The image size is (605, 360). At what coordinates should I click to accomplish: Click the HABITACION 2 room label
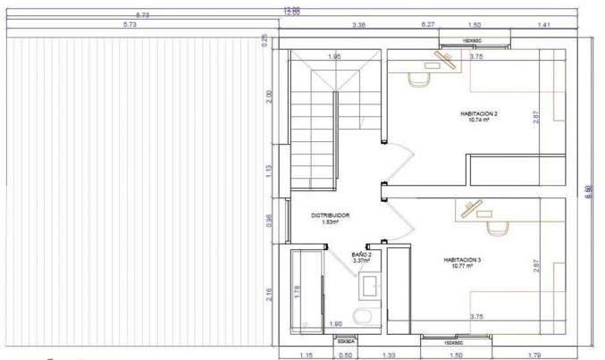pos(479,113)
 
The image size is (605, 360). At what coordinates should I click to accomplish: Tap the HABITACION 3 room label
pos(462,259)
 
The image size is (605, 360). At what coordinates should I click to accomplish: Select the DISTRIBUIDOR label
pos(330,215)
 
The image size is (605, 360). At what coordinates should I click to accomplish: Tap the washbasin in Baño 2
pos(370,286)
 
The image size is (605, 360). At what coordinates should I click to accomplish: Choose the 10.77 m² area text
pos(462,265)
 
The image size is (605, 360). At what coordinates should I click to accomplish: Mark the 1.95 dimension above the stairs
pos(334,57)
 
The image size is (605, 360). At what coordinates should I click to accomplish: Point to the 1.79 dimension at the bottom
pos(535,355)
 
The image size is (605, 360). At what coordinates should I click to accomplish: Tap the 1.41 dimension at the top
pos(543,26)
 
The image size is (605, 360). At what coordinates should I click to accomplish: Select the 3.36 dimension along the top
pos(360,26)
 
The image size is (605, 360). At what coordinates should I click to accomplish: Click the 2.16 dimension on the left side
pos(270,294)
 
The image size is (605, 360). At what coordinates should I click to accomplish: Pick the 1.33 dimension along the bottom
pos(390,355)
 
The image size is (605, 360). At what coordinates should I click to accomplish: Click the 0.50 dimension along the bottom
pos(345,355)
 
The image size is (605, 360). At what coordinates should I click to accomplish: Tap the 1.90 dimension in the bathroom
pos(336,322)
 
